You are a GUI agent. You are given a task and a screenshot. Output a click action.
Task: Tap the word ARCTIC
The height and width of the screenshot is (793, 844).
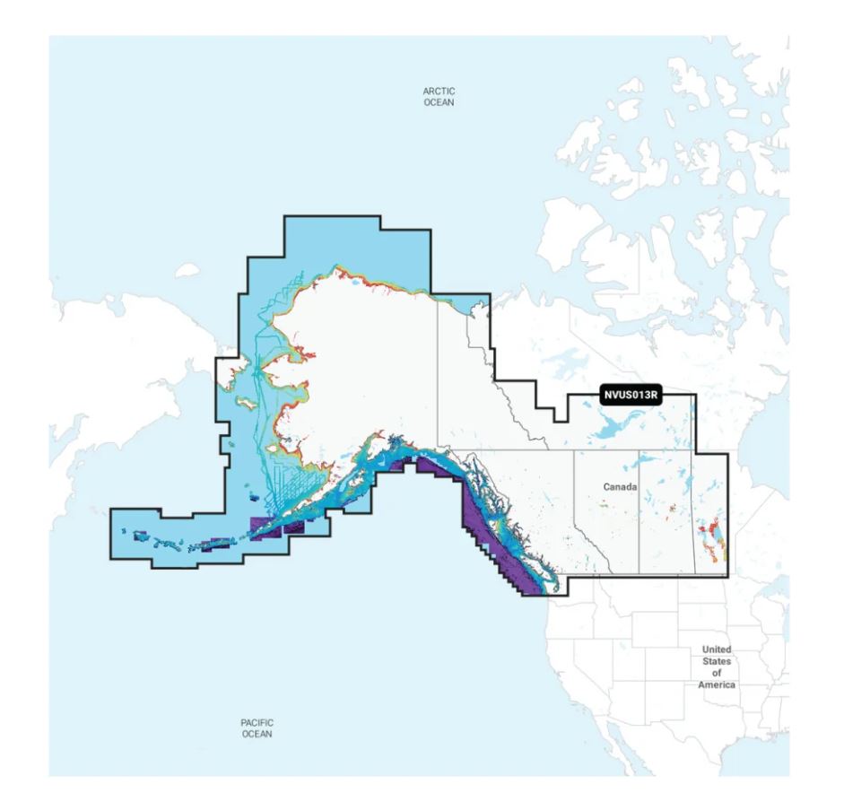[439, 91]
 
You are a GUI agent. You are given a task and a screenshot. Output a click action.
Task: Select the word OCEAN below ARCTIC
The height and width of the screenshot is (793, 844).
[439, 103]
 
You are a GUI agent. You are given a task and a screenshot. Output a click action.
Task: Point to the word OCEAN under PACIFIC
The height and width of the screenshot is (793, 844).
[257, 733]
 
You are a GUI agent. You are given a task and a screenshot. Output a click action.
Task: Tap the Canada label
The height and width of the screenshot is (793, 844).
[620, 486]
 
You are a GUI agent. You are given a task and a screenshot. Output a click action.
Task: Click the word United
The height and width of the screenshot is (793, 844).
[717, 649]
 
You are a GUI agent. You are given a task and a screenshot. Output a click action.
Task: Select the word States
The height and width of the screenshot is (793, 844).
[717, 661]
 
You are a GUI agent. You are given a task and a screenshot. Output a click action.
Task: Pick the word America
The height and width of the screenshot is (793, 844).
[717, 684]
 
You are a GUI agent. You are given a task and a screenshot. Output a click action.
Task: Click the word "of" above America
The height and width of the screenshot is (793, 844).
[717, 673]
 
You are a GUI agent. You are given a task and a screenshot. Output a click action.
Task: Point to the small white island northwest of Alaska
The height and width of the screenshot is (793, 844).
[187, 269]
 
